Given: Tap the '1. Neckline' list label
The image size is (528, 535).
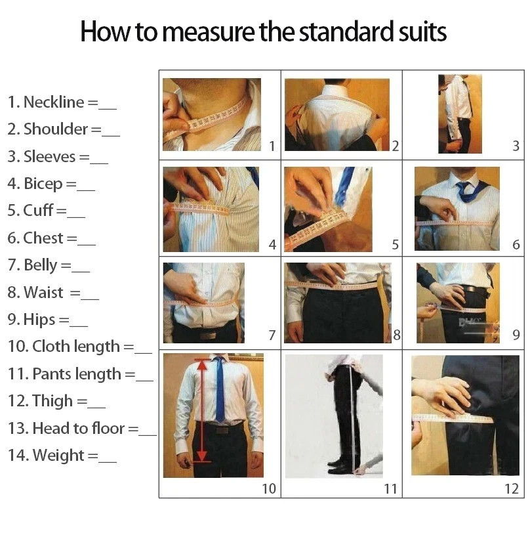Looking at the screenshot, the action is tap(46, 102).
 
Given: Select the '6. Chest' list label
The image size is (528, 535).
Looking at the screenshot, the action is tap(35, 238).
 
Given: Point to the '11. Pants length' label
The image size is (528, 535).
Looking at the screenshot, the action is tap(64, 374).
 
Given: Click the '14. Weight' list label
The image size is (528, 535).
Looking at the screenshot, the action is tap(46, 455).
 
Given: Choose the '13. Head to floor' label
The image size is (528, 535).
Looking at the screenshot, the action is tap(66, 428).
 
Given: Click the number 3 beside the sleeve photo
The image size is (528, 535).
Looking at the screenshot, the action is tap(516, 146).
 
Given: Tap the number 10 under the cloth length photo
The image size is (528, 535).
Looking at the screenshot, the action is tap(269, 488).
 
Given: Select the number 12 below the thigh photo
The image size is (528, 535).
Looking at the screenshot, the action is tap(512, 488).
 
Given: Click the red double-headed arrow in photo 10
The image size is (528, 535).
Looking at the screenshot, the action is tap(202, 411).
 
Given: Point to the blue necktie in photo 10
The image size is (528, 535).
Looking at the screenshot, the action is tap(220, 389).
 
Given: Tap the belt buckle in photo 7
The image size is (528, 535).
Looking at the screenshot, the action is tap(208, 335).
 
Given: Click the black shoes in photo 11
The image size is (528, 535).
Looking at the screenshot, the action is tap(339, 467).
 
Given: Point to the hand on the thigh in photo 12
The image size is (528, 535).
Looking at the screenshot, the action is tap(441, 396).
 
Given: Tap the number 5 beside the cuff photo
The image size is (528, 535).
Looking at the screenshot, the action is tap(395, 245).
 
